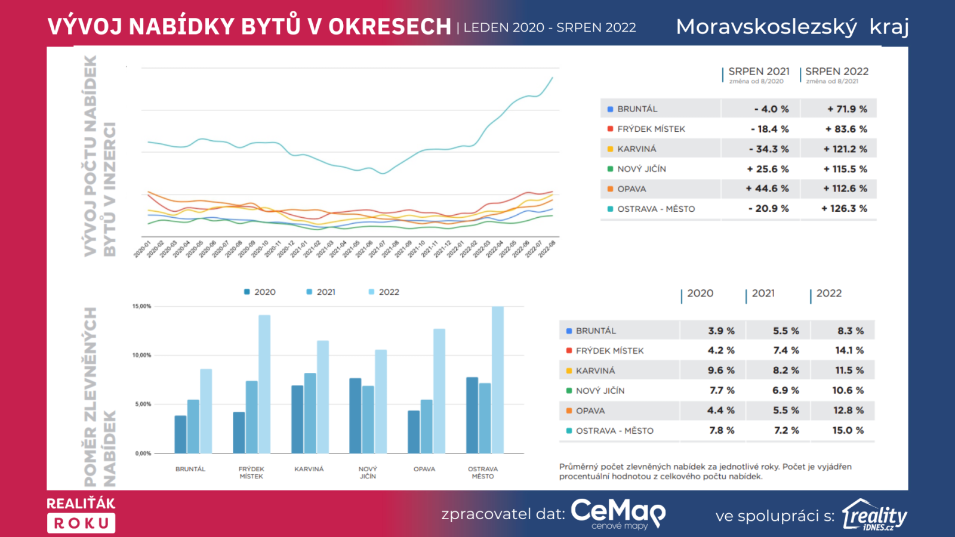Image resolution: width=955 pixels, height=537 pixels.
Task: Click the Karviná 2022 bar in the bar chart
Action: [322, 397]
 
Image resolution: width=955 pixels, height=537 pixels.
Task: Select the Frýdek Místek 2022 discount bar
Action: [264, 384]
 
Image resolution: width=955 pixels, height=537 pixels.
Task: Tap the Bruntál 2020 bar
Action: [180, 434]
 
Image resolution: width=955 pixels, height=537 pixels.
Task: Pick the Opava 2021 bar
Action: [426, 426]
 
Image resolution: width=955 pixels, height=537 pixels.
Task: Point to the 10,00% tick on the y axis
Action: [142, 355]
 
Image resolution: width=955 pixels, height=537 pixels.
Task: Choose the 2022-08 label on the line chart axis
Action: [547, 248]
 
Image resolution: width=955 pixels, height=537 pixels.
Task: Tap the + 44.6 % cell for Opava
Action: [767, 189]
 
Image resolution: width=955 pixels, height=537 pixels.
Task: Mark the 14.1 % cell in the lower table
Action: [849, 350]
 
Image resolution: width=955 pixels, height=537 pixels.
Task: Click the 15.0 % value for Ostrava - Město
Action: [848, 430]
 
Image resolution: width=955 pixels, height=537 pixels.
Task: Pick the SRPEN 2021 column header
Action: [759, 72]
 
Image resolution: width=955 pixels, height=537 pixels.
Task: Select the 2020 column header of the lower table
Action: [700, 294]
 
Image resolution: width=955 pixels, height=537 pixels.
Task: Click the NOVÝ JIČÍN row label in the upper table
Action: [642, 169]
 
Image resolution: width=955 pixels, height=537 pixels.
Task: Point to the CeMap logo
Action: [618, 513]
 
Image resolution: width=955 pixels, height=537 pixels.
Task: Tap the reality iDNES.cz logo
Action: [874, 515]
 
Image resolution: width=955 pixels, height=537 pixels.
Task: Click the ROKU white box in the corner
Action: [81, 523]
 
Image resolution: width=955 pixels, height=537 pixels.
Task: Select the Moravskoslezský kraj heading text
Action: [792, 27]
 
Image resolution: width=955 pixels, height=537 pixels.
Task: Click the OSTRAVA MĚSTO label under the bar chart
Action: [483, 473]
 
